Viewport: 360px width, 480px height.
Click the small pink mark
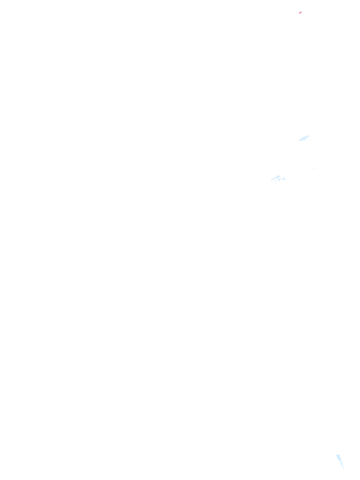click(x=300, y=13)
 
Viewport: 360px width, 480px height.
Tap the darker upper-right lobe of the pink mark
click(x=301, y=12)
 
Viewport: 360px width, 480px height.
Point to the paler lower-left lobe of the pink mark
click(x=300, y=13)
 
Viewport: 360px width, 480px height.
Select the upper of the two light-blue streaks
click(x=304, y=138)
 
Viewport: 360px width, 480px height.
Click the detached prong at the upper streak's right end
click(x=308, y=136)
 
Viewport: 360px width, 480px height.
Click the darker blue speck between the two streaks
click(x=314, y=168)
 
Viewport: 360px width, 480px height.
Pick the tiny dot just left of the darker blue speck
click(x=312, y=169)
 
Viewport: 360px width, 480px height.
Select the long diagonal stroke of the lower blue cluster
click(x=276, y=178)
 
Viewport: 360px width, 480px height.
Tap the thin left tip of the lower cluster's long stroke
click(x=271, y=180)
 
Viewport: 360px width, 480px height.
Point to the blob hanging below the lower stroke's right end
click(x=279, y=180)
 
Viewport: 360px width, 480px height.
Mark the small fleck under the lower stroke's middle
click(x=276, y=181)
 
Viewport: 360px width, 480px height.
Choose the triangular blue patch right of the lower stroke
click(x=284, y=179)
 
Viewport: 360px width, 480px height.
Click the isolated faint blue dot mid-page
click(x=157, y=307)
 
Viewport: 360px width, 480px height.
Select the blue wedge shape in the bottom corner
click(x=339, y=459)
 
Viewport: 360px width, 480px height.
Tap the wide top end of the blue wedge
click(x=338, y=456)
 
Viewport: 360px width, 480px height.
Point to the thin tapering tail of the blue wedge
click(x=342, y=465)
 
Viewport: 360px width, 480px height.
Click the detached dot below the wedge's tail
click(x=344, y=468)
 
